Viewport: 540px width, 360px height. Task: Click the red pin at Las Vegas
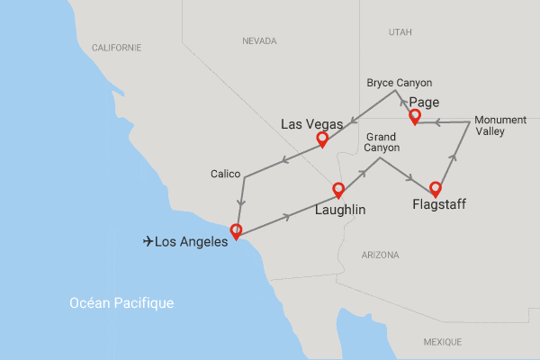click(320, 139)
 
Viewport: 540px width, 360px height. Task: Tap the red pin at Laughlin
click(338, 189)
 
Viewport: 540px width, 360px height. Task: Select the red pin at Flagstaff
click(436, 188)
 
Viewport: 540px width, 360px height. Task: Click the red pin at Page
click(415, 116)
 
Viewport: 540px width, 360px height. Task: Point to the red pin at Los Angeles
click(236, 229)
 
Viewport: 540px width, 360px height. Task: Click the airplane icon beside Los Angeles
click(148, 241)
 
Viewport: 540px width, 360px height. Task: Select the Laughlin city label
click(339, 211)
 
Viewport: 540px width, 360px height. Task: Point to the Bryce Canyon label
click(400, 83)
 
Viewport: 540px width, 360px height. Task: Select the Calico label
click(225, 173)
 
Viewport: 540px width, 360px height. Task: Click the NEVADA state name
click(259, 41)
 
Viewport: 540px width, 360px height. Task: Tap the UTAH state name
click(400, 32)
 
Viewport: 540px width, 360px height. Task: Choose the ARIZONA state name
click(380, 256)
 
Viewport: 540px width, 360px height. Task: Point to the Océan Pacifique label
click(121, 303)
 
